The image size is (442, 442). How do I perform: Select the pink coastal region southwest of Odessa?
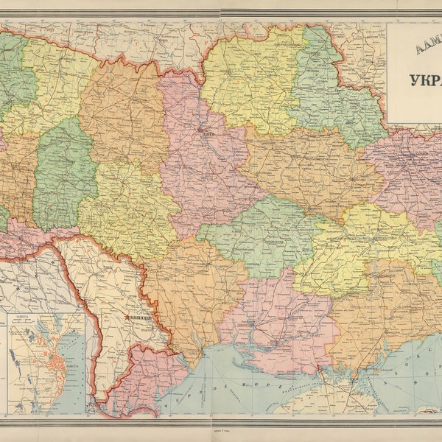[144, 376]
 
